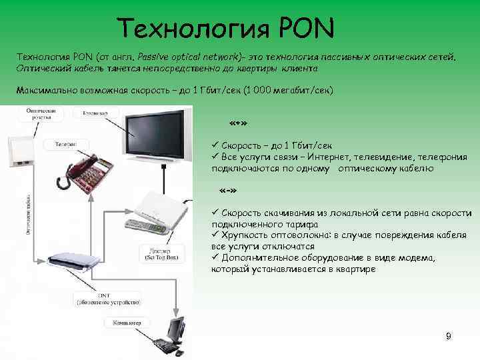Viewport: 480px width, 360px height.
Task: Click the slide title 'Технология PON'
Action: coord(227,28)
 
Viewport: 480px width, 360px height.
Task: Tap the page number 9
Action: coord(449,337)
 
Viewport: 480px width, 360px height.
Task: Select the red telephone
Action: coord(84,173)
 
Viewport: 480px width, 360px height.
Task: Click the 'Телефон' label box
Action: coord(65,143)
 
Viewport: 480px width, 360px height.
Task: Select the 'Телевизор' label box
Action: coord(96,114)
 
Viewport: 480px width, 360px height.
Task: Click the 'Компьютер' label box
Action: coord(125,323)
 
